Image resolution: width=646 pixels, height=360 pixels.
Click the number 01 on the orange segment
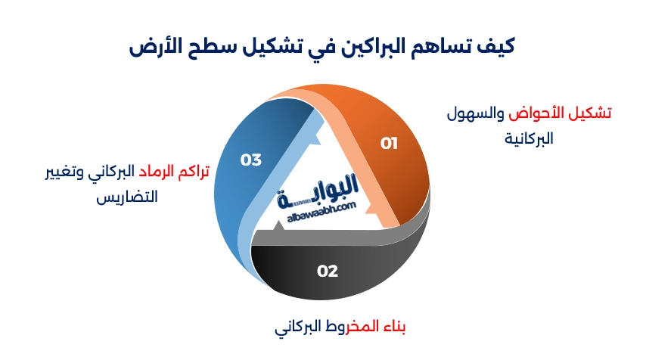click(389, 144)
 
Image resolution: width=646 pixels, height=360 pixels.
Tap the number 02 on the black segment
click(327, 271)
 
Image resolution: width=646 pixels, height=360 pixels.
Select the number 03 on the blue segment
click(250, 160)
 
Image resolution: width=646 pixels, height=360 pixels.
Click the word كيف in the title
click(499, 47)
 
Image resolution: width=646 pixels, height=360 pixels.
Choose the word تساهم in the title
click(444, 47)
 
